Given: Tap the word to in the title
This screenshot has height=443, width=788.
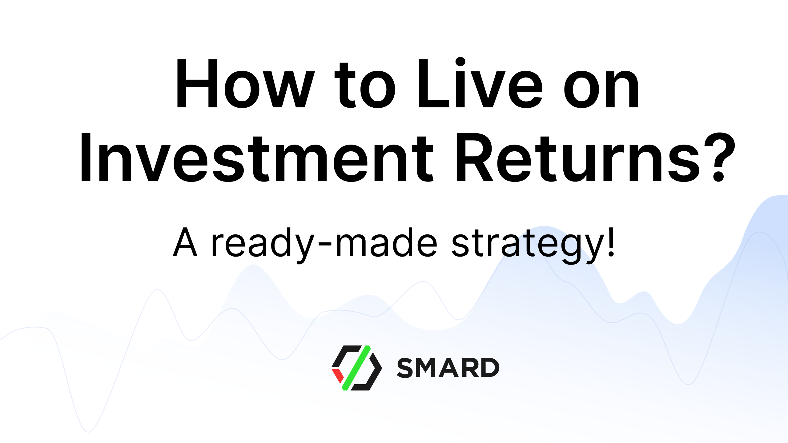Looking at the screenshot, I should coord(365,86).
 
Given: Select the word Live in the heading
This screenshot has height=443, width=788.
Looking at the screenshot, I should coord(480,84).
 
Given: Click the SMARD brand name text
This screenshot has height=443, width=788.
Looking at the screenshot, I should coord(448,368).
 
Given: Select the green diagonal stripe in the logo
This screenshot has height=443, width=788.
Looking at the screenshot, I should coord(356,368).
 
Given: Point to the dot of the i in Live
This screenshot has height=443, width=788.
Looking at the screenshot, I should coord(460,62).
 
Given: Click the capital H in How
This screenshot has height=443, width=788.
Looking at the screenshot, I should coord(197,84).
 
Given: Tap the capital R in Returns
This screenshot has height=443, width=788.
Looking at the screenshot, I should coord(474,158).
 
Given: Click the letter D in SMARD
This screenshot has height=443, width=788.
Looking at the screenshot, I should coord(489,368).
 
